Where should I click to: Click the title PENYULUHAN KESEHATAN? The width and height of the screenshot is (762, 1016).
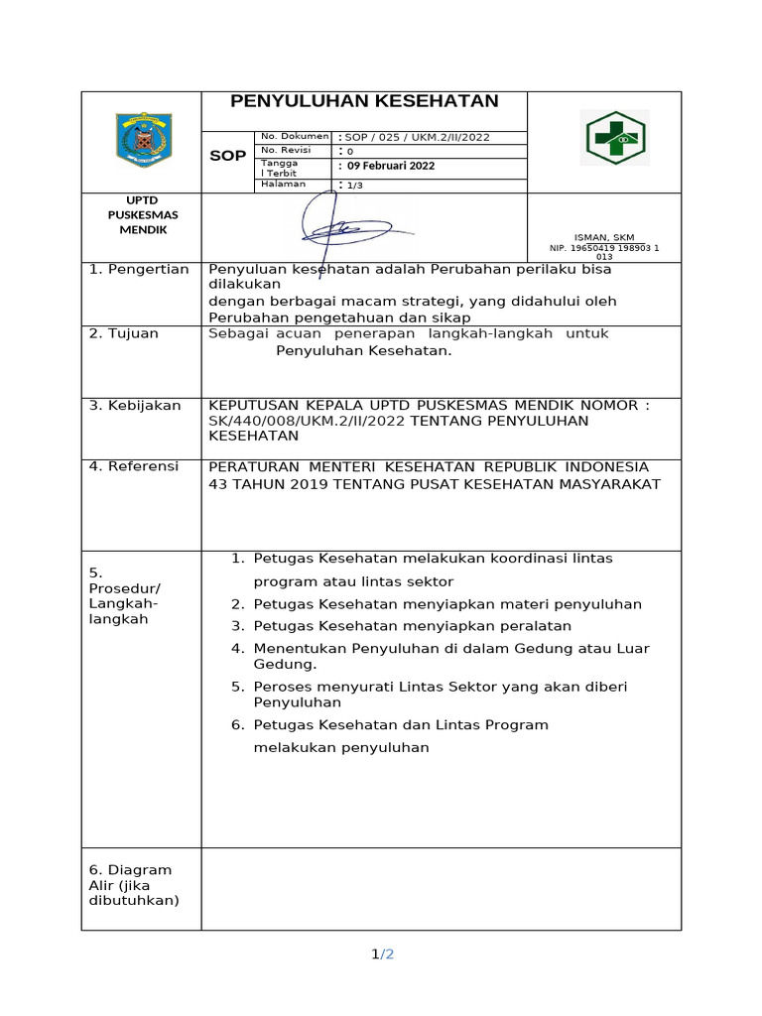pos(364,101)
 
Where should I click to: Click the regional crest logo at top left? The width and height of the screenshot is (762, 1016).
pos(143,140)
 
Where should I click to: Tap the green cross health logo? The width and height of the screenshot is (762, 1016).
pos(614,137)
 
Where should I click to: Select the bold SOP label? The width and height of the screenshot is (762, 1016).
pos(227,157)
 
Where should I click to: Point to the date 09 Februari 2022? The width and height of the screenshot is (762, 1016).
pos(391,166)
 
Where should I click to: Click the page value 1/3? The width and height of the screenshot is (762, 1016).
pos(354,186)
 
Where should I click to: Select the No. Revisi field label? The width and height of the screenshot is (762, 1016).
pos(286,150)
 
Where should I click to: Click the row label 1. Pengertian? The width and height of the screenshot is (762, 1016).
pos(139,270)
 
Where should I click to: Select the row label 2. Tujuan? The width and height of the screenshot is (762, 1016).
pos(124,333)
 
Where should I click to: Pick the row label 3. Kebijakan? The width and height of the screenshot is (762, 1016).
pos(135,405)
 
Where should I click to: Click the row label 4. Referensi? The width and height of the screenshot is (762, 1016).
pos(134,466)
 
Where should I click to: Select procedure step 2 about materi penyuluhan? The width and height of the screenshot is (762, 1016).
pos(446,604)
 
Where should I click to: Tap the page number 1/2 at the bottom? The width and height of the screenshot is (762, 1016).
pos(382,954)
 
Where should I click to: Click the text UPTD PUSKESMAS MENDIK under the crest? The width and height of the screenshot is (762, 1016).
pos(138,214)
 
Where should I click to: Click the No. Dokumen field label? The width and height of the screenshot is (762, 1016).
pos(294,136)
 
